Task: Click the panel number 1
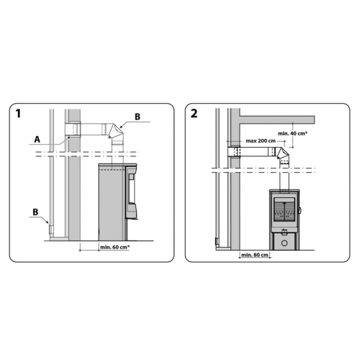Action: click(x=17, y=113)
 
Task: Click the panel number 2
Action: click(x=194, y=113)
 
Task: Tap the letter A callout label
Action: click(x=37, y=140)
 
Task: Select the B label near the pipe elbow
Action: click(x=138, y=117)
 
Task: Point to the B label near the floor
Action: click(x=35, y=212)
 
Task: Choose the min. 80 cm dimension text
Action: click(x=255, y=255)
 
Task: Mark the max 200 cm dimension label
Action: click(x=261, y=140)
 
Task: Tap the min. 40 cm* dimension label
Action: click(x=292, y=133)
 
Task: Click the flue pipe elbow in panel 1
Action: click(x=116, y=132)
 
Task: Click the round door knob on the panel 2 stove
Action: click(x=300, y=210)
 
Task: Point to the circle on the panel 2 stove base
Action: click(x=284, y=243)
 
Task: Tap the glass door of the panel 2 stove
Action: click(x=284, y=211)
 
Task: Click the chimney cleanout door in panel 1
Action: click(x=50, y=230)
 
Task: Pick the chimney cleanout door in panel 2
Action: click(x=217, y=241)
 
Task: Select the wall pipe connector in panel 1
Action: click(x=73, y=129)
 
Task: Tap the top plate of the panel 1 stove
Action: click(x=117, y=165)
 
